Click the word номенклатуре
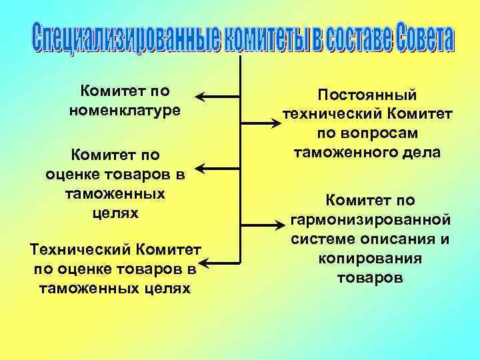(x=125, y=109)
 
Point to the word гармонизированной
(x=370, y=219)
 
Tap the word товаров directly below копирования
(x=369, y=277)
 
